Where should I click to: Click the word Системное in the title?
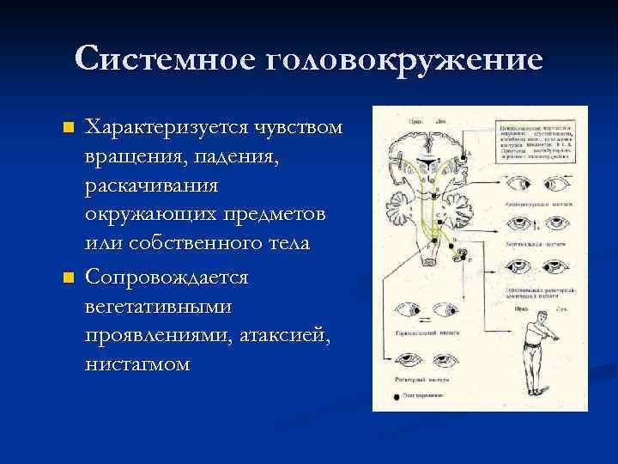pyautogui.click(x=164, y=59)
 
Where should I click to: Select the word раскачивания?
pyautogui.click(x=152, y=186)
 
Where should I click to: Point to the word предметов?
pyautogui.click(x=279, y=215)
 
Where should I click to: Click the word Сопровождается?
pyautogui.click(x=167, y=278)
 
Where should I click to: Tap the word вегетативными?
pyautogui.click(x=154, y=306)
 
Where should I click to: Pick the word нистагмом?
pyautogui.click(x=138, y=364)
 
